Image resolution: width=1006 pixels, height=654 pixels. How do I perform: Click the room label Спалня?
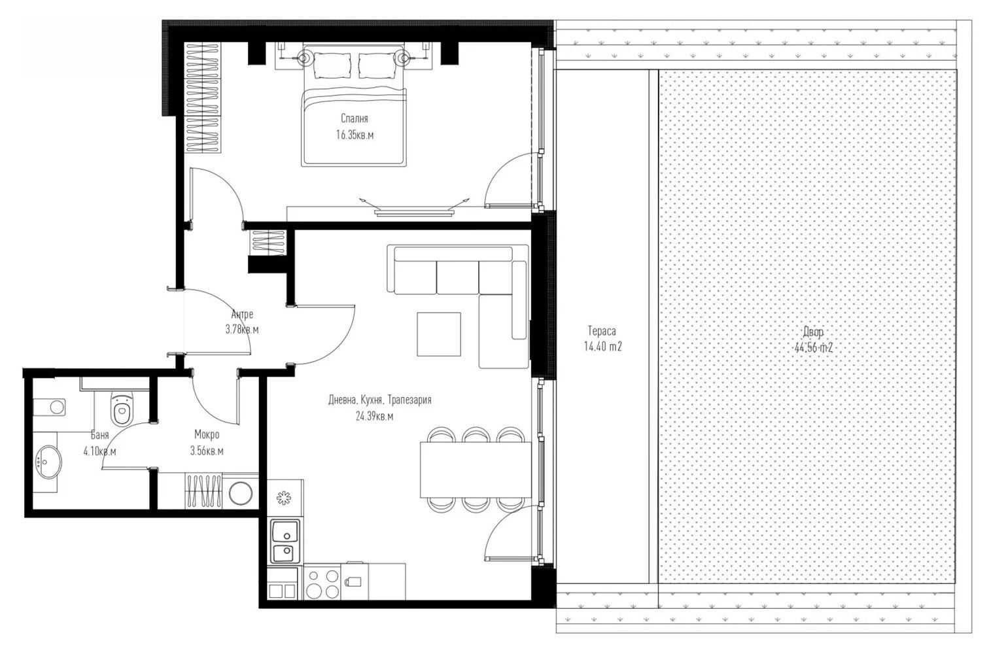coord(354,119)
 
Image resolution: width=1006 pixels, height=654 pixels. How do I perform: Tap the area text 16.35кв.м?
coord(355,135)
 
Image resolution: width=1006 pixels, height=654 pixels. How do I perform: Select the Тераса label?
coord(602,331)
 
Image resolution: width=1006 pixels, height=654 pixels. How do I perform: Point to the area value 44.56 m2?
coord(813,348)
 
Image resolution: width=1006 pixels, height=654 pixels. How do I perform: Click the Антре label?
coord(242,314)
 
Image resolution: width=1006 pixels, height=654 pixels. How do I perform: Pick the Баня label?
coord(99,435)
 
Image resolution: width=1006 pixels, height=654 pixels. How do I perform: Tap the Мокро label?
coord(207,435)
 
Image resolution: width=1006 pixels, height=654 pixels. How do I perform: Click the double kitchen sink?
coord(285,542)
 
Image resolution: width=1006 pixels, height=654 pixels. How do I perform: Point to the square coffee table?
coord(439,334)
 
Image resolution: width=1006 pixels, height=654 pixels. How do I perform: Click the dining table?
coord(476,469)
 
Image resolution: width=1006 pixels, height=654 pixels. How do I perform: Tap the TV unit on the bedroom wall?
coord(414,211)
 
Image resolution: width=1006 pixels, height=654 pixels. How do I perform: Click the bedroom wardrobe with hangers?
coord(203,98)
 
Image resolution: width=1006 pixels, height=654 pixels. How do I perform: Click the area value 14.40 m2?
coord(602,347)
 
